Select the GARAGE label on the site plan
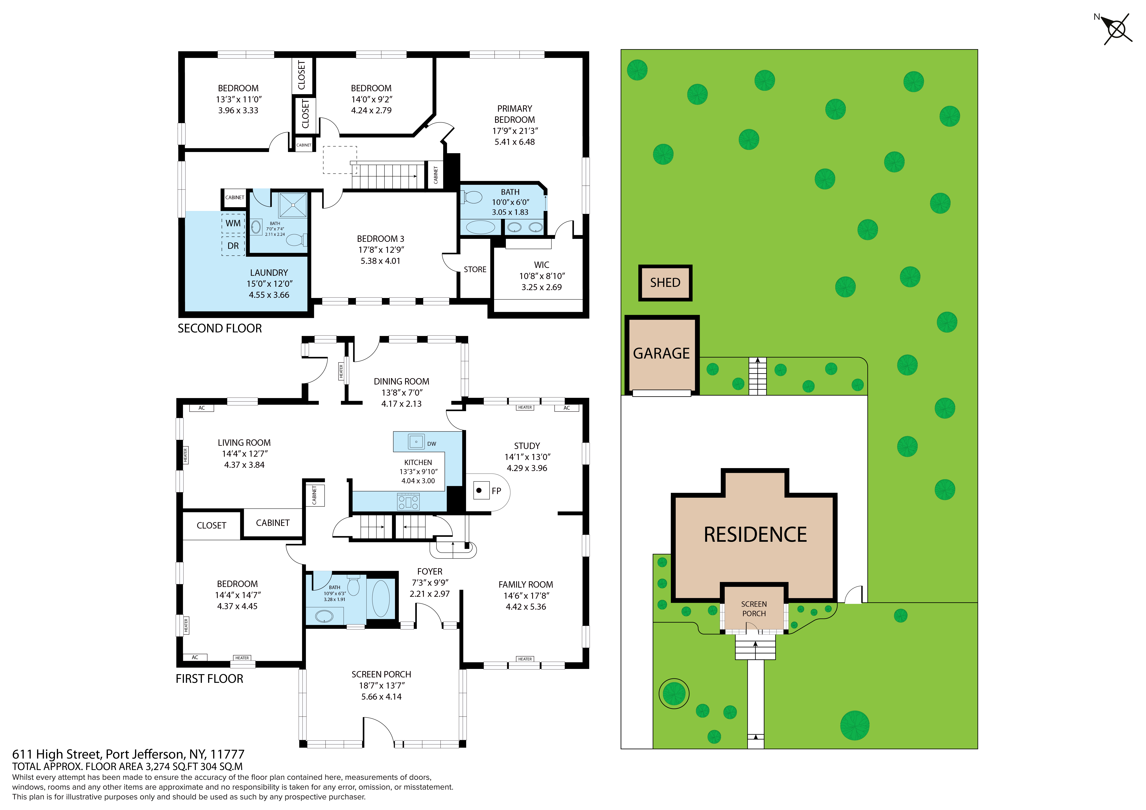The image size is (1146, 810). [x=661, y=353]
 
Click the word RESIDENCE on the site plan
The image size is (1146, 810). [x=755, y=535]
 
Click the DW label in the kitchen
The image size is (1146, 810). [x=432, y=444]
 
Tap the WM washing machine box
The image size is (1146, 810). [x=233, y=223]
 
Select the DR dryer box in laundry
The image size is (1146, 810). [x=233, y=246]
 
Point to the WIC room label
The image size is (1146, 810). [x=541, y=265]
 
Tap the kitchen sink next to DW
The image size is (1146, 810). [x=416, y=442]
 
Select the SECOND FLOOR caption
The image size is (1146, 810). [x=220, y=328]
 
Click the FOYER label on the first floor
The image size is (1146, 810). [x=430, y=571]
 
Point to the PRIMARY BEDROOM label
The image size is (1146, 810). [x=515, y=114]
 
